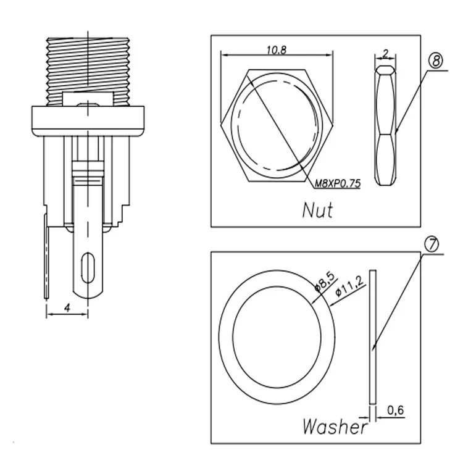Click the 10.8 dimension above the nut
click(277, 50)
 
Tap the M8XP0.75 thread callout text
click(338, 183)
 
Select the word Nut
click(318, 210)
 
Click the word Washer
click(335, 427)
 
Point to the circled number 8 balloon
click(436, 61)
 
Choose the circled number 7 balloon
click(432, 244)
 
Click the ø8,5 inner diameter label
click(325, 282)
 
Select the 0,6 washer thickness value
click(395, 410)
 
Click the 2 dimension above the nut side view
click(385, 54)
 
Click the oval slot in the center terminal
click(88, 267)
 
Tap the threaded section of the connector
click(88, 72)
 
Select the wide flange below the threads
click(88, 121)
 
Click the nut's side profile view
click(385, 126)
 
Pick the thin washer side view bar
click(373, 337)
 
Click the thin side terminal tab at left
click(46, 256)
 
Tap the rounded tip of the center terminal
click(88, 294)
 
